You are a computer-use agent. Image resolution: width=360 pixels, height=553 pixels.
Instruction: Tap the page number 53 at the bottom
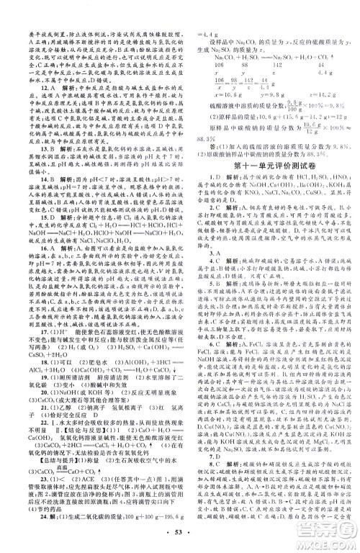[x=180, y=536]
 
